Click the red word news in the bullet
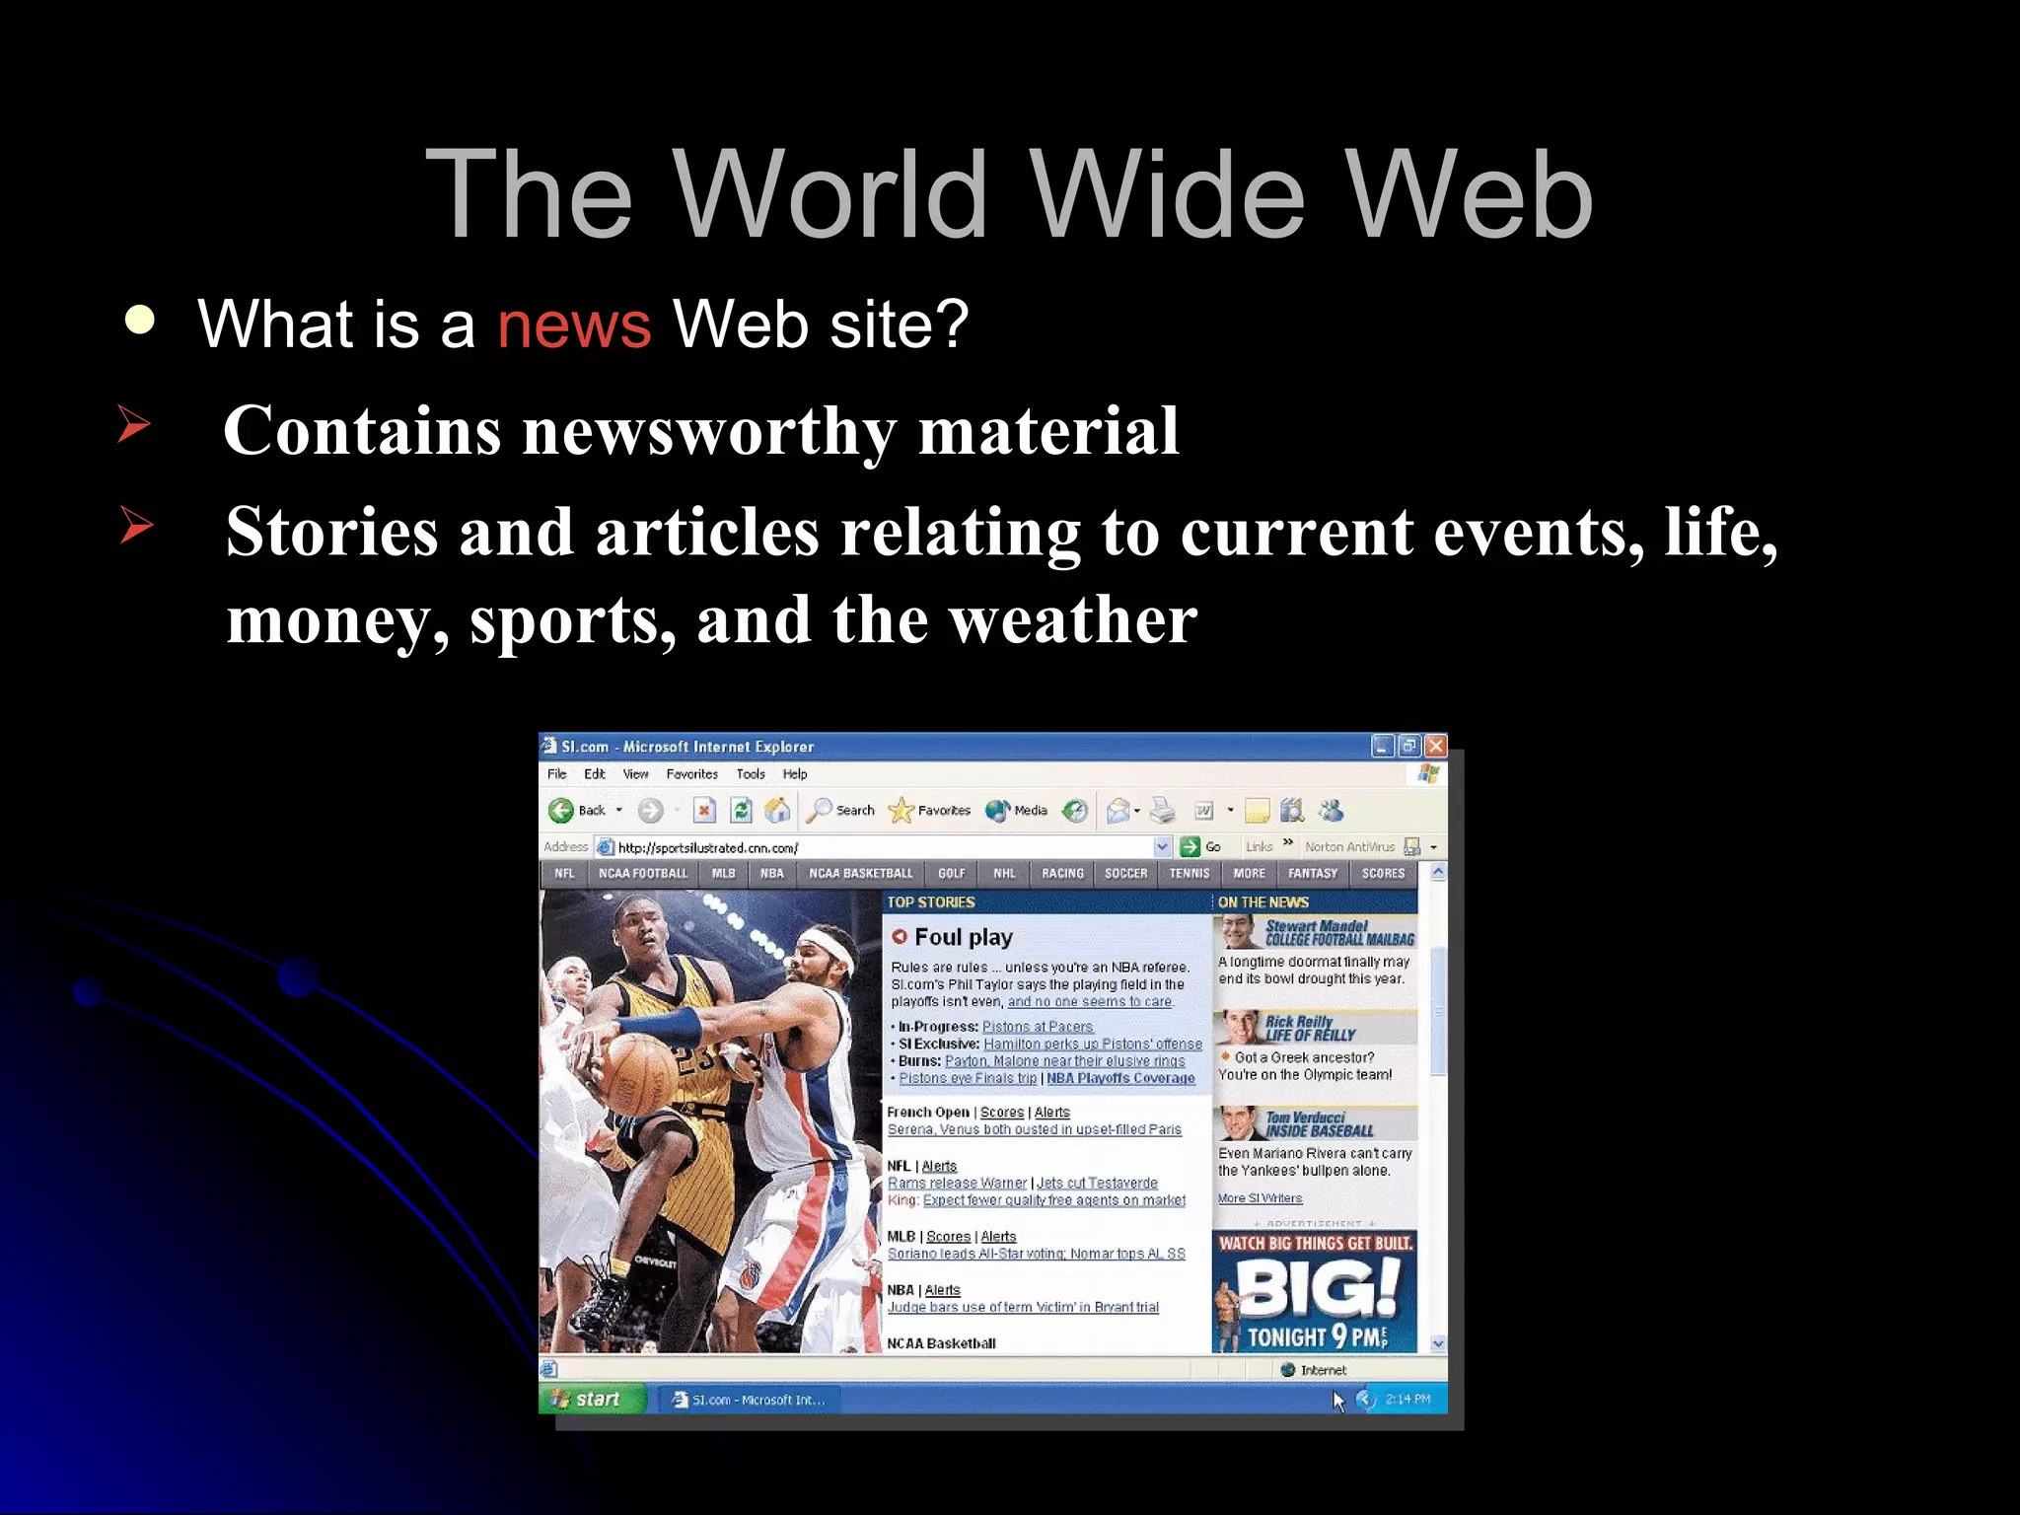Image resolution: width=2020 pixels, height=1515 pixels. [574, 325]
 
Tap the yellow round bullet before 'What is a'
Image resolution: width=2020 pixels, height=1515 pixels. [140, 321]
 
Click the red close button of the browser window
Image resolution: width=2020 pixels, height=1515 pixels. [1435, 747]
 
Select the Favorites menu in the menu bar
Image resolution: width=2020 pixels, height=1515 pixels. [691, 774]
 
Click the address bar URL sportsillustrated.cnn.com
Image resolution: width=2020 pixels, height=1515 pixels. [707, 847]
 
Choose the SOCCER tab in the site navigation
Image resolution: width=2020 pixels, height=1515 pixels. [1125, 874]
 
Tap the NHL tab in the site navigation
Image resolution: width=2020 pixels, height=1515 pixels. [1004, 874]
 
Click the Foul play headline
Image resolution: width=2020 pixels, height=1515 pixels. [963, 937]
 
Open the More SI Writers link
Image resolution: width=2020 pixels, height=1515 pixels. [1260, 1198]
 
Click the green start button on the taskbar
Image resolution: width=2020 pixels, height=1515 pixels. [589, 1399]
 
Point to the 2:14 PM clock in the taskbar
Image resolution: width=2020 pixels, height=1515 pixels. [1407, 1399]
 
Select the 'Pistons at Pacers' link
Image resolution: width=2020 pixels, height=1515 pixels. [1038, 1027]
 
